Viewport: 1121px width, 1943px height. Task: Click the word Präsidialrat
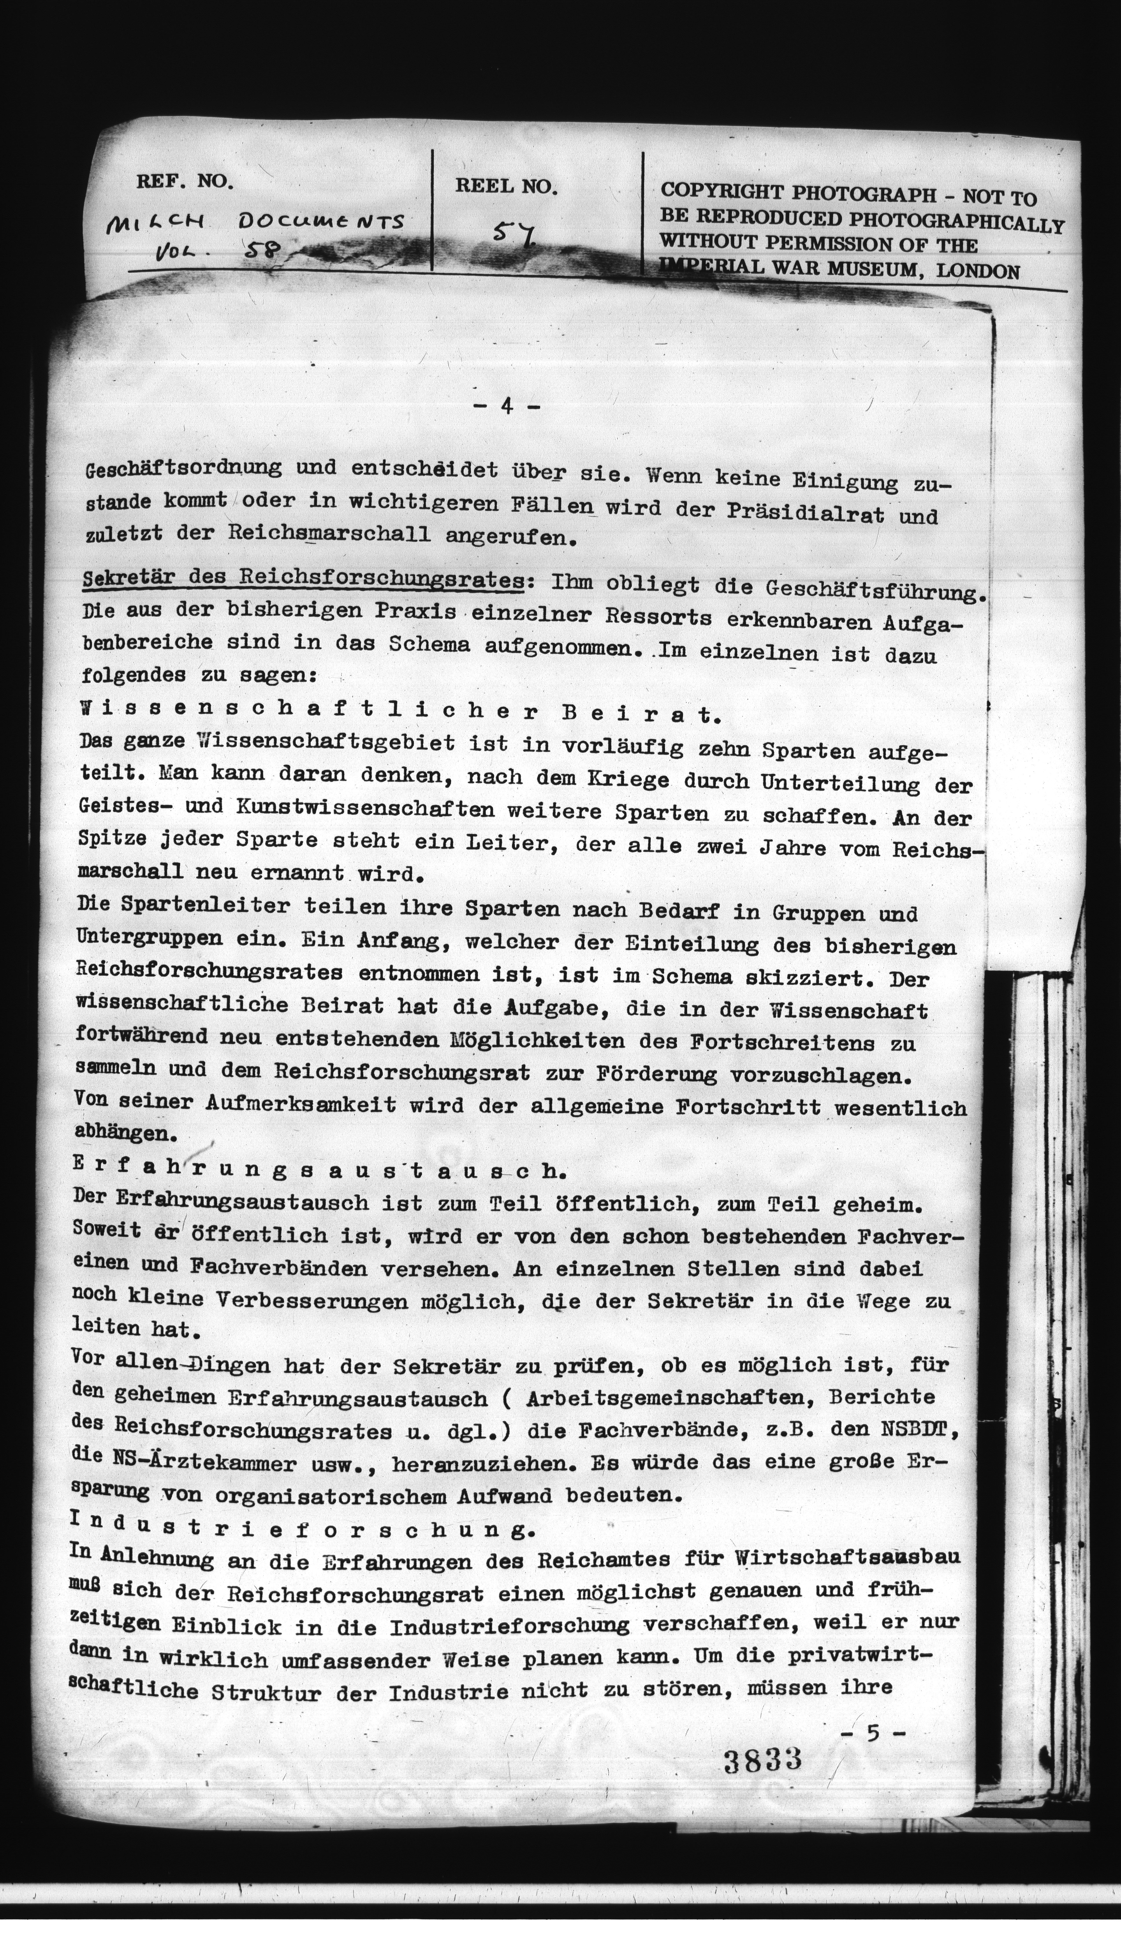tap(811, 511)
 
